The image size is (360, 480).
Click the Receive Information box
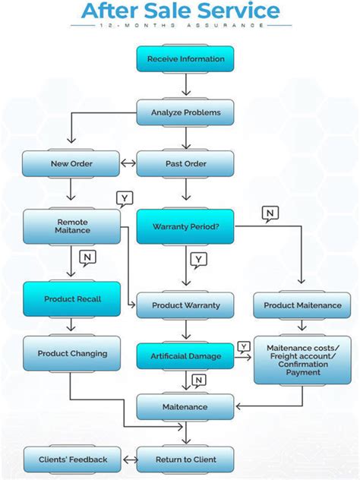185,58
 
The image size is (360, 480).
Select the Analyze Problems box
185,112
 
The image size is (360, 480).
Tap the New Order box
71,163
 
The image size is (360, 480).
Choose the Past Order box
185,163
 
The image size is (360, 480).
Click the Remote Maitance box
71,226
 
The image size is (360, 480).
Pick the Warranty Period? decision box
185,226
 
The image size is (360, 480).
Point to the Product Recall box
71,298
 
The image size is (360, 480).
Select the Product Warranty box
185,305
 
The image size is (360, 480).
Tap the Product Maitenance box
302,305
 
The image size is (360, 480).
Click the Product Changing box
71,353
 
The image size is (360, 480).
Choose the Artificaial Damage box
185,355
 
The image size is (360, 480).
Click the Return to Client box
185,459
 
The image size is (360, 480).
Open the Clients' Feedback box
71,459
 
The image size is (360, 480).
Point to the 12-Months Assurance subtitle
181,25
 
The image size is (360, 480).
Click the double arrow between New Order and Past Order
128,163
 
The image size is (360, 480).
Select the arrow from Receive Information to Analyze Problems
185,86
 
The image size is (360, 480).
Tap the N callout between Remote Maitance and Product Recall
87,257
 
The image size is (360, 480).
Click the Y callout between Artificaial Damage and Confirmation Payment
244,346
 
